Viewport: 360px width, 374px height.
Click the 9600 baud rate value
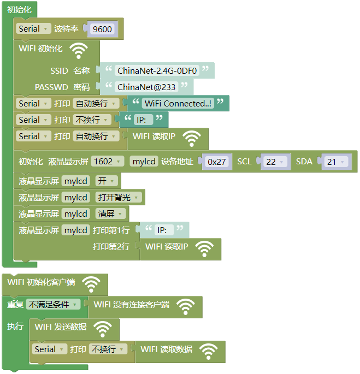[x=102, y=29]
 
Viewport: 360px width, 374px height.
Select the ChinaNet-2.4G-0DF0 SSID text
[x=157, y=70]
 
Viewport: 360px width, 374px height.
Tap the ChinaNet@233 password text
[x=146, y=87]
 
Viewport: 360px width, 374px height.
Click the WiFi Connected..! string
[x=178, y=103]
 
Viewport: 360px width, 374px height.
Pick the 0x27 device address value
[x=216, y=162]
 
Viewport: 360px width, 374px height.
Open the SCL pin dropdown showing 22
[x=275, y=162]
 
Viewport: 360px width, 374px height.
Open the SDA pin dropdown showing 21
[x=336, y=162]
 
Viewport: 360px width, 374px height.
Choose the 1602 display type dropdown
[x=108, y=162]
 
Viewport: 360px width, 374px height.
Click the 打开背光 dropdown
[x=118, y=197]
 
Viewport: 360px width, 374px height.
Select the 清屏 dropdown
[x=110, y=213]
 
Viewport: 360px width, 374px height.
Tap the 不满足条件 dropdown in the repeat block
[x=53, y=304]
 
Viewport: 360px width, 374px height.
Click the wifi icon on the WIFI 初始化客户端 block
[x=91, y=284]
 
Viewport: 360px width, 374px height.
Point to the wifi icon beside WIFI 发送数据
[x=103, y=329]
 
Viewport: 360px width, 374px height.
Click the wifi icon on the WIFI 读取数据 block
[x=209, y=352]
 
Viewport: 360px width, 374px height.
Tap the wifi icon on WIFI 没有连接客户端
[x=186, y=307]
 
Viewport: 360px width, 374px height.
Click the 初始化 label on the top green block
[x=19, y=9]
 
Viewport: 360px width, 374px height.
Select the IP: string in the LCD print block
[x=162, y=230]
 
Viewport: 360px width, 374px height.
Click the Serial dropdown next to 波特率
[x=33, y=28]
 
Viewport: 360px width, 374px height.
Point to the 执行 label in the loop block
[x=15, y=326]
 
